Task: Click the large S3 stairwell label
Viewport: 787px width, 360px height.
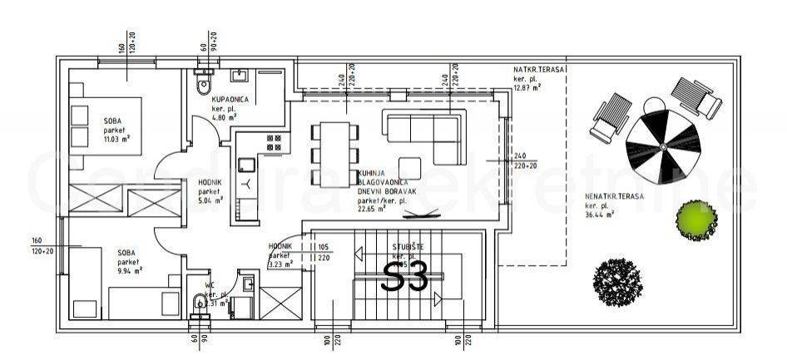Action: [404, 277]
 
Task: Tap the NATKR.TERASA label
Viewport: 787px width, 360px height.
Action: [539, 70]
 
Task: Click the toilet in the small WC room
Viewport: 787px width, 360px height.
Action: [198, 304]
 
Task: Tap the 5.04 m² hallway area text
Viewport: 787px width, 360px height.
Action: [210, 200]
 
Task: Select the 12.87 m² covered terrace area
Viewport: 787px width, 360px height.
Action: [527, 87]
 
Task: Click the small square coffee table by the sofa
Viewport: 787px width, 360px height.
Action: [410, 165]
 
